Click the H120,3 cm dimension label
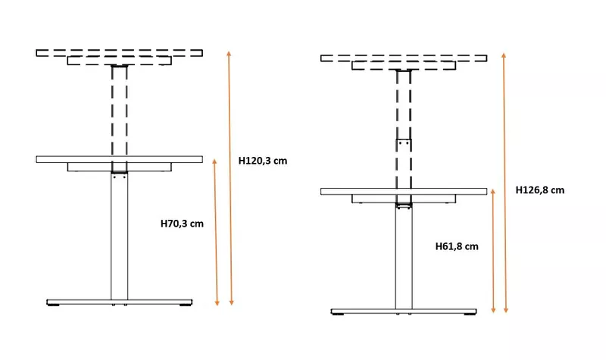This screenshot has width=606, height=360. pos(263,161)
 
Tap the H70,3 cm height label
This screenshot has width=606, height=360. pos(182,224)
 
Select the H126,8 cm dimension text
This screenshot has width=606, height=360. pos(540,190)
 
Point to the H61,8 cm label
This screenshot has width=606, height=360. pos(457,246)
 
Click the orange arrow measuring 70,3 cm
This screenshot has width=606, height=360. pos(216,232)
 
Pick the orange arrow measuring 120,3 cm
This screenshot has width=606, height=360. pos(230,178)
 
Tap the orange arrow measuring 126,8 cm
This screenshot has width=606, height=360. pos(504,183)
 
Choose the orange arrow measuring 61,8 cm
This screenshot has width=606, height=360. pos(493,251)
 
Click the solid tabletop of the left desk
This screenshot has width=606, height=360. pos(120,159)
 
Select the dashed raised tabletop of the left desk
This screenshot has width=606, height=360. pos(120,53)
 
